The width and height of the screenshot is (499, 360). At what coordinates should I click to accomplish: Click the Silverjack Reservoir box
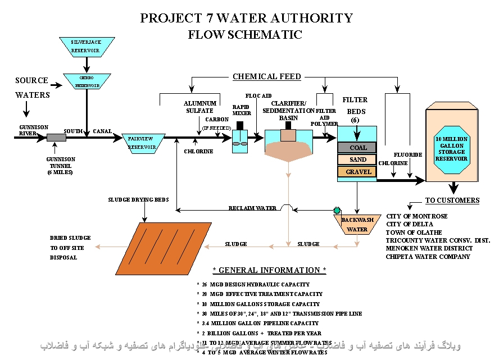click(87, 47)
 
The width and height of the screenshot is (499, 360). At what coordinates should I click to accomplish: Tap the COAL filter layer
click(357, 148)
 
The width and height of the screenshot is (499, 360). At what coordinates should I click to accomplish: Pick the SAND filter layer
click(357, 160)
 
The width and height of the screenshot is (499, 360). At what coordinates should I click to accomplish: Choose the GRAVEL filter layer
click(357, 172)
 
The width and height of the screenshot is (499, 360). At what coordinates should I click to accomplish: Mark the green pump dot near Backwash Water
click(337, 210)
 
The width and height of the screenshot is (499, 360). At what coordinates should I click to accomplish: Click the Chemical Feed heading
click(267, 76)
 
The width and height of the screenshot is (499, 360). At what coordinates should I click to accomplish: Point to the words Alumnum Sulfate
click(199, 107)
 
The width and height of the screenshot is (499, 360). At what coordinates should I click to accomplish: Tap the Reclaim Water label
click(252, 208)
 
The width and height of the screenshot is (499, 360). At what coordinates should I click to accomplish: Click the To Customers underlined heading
click(452, 200)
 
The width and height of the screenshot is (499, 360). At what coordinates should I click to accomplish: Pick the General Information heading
click(269, 271)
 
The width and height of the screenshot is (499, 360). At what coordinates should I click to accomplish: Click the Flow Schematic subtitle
click(245, 35)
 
